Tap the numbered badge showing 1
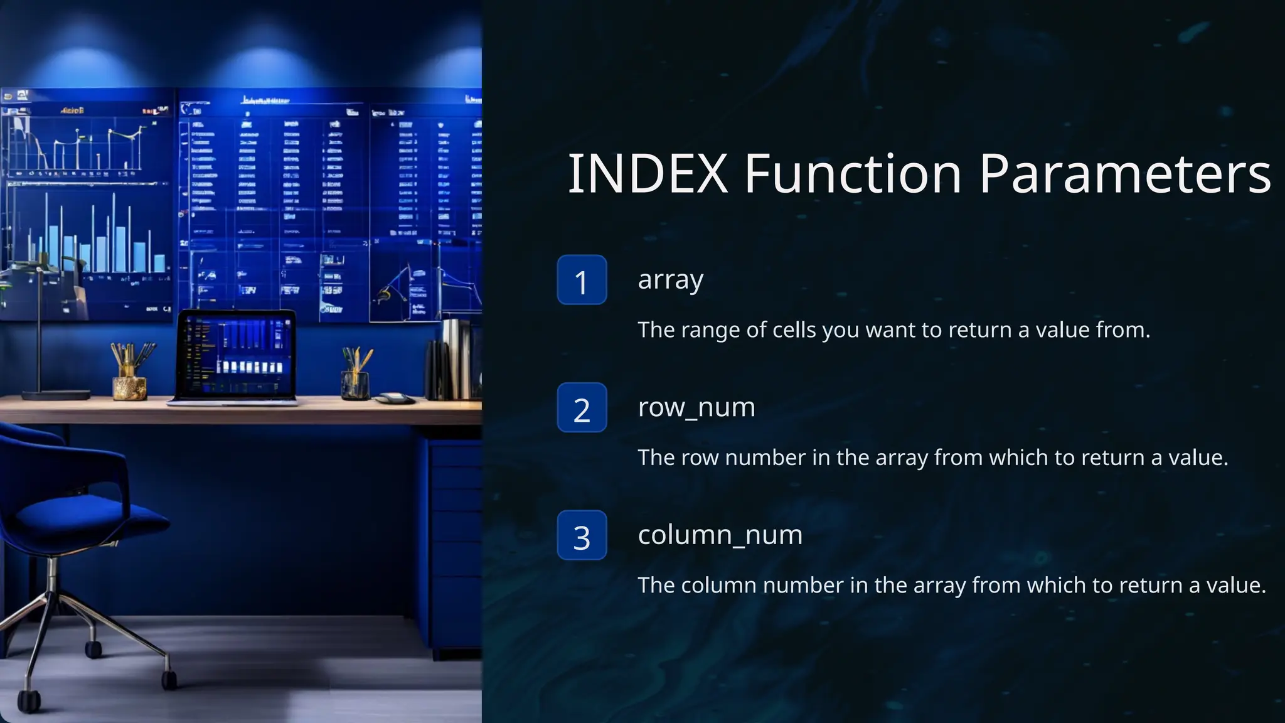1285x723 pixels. point(582,280)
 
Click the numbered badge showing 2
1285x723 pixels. point(582,408)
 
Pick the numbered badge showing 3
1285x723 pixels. point(582,535)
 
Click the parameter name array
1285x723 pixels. point(670,280)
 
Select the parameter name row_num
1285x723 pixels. point(696,408)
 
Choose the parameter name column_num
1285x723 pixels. point(720,535)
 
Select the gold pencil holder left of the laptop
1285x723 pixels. point(129,387)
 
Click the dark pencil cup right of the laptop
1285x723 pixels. point(355,384)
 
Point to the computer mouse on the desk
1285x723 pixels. point(395,397)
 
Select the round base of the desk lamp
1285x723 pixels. point(56,395)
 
